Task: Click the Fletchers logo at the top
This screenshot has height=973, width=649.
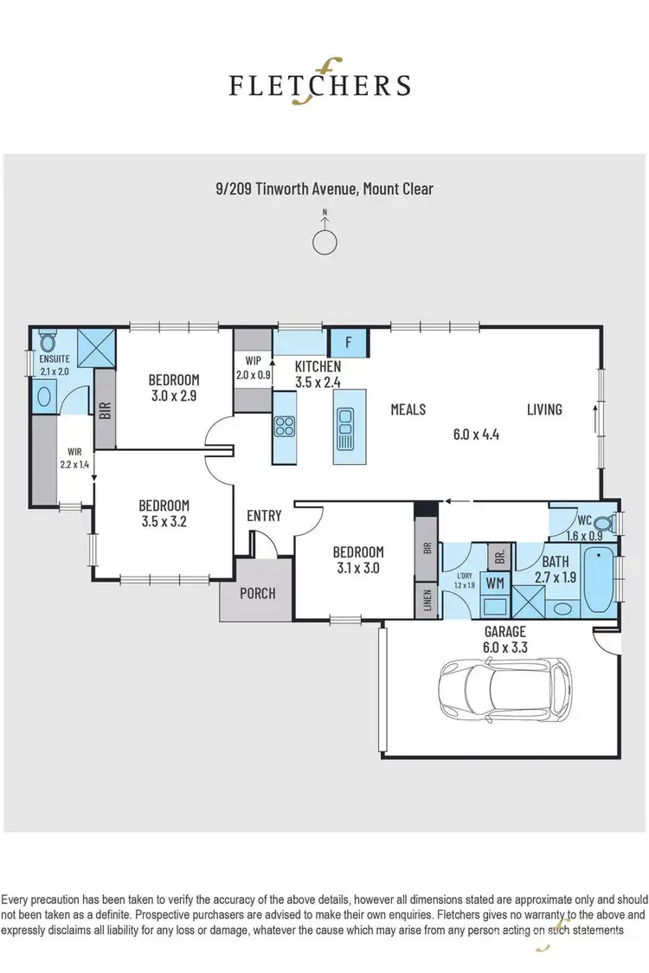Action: pos(319,84)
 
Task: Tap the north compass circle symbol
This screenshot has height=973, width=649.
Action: pos(324,242)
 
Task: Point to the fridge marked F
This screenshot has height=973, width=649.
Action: pos(349,342)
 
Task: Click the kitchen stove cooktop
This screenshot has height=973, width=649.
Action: pos(285,426)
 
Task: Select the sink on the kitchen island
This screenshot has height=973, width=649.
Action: pos(346,427)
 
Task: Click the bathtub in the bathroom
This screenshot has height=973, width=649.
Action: pos(598,581)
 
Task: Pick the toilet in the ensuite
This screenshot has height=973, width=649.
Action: pos(46,343)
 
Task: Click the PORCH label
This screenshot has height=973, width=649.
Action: pos(258,593)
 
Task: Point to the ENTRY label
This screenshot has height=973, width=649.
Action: pos(264,516)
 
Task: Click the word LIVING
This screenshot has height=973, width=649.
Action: pos(544,409)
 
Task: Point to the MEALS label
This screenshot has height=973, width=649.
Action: pos(408,409)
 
